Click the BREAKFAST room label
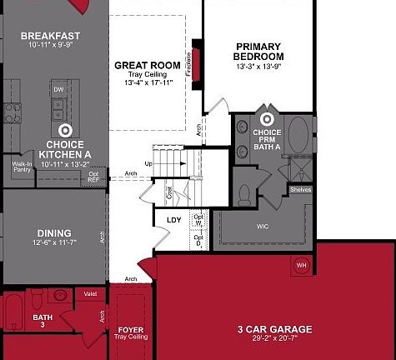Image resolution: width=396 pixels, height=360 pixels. coord(50,36)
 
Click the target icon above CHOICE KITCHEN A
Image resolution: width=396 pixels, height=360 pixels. coord(66,130)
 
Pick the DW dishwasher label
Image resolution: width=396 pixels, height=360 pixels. coord(58,88)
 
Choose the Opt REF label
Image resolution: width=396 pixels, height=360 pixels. coord(93,177)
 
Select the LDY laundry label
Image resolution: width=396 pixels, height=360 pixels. coord(174,220)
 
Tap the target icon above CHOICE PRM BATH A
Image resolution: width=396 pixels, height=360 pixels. coord(267,119)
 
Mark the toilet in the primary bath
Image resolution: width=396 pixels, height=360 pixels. coord(245,193)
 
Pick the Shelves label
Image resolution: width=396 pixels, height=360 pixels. coord(301,189)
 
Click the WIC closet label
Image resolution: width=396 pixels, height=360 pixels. coord(262,226)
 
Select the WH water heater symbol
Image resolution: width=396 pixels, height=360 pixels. coord(301,266)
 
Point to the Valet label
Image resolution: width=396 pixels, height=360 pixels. coord(91,293)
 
